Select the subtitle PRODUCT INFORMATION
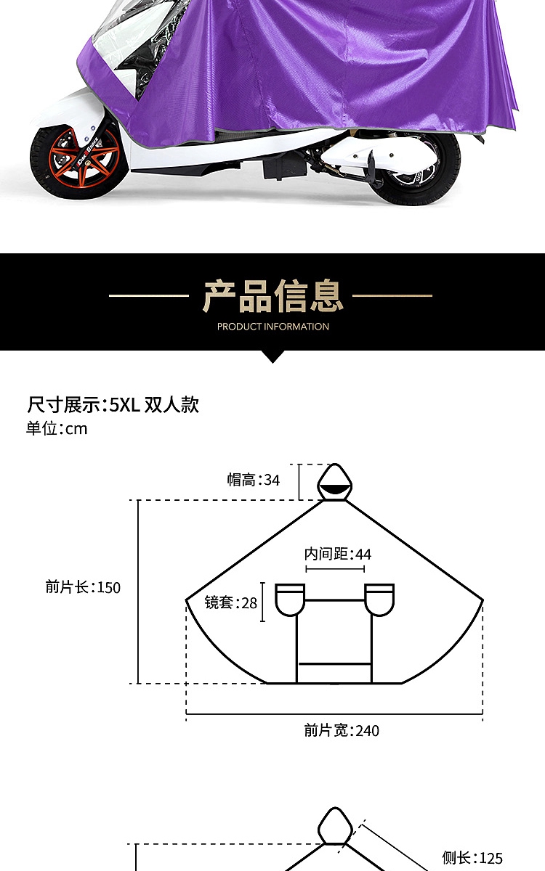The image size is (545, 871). point(272,327)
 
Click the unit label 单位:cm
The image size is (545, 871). point(57,428)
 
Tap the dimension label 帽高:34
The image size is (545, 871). point(253,480)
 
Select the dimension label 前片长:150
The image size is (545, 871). point(83,587)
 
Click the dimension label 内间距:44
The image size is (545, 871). point(337,555)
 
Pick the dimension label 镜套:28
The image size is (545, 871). point(231,602)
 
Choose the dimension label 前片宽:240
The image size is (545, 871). point(342,730)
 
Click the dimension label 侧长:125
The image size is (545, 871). point(472,858)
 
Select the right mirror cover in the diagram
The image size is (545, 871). point(379,600)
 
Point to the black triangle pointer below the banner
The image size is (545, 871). point(272,356)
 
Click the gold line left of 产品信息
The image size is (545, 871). point(149,295)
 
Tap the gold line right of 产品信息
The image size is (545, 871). point(392,295)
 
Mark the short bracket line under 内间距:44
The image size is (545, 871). point(335,569)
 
